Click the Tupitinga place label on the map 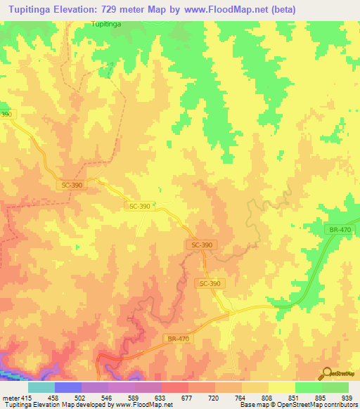[x=106, y=24]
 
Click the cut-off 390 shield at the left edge [x=6, y=114]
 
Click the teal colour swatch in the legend [x=41, y=387]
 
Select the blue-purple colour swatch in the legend [x=68, y=387]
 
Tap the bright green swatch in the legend [x=309, y=387]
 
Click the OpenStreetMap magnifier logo [x=327, y=374]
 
